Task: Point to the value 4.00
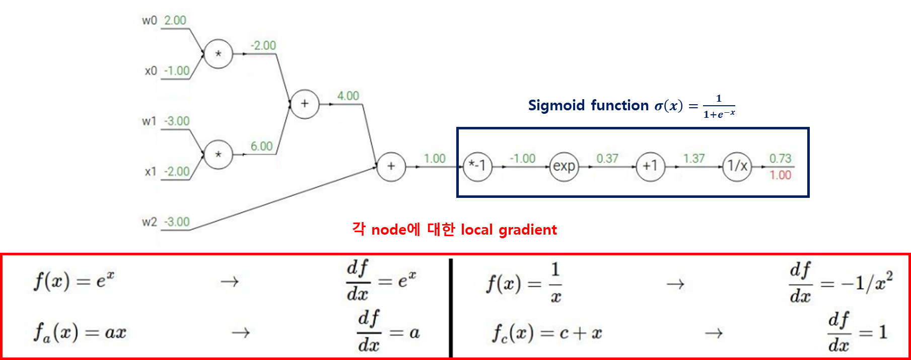[348, 96]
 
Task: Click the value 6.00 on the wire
[262, 146]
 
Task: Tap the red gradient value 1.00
[781, 175]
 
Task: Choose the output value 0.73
[781, 159]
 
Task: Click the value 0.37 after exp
[607, 159]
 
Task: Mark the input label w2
[150, 222]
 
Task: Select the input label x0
[151, 71]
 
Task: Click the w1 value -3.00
[177, 121]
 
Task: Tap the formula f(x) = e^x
[74, 280]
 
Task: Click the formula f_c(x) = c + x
[547, 333]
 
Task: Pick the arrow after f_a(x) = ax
[241, 333]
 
